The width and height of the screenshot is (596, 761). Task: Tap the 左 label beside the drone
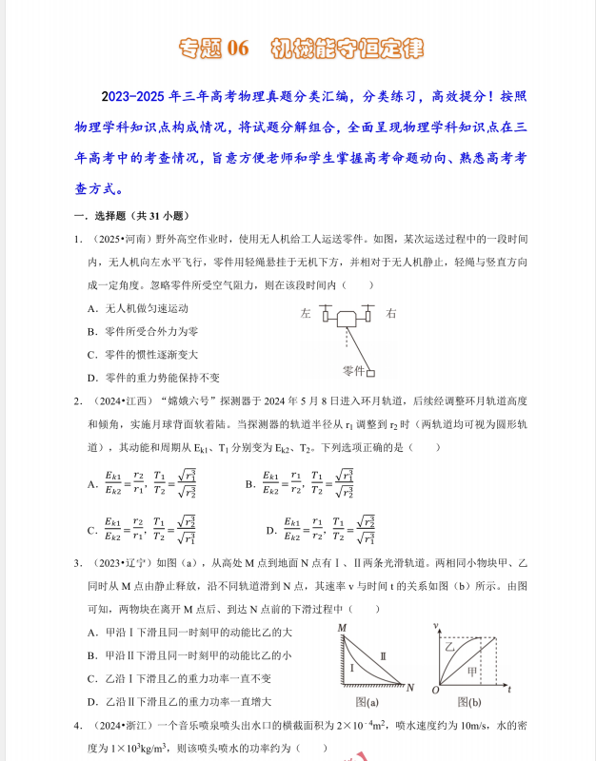(306, 313)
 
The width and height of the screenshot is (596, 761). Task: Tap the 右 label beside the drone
(391, 313)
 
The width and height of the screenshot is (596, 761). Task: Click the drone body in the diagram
(348, 320)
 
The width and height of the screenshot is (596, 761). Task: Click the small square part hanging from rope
(371, 373)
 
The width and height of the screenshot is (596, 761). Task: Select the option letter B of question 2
(250, 484)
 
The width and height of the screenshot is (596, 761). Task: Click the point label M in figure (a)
(340, 627)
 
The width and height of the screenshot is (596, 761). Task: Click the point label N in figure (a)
(410, 686)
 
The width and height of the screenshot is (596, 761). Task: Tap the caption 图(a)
(367, 702)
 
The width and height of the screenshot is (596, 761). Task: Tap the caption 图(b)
(468, 702)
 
